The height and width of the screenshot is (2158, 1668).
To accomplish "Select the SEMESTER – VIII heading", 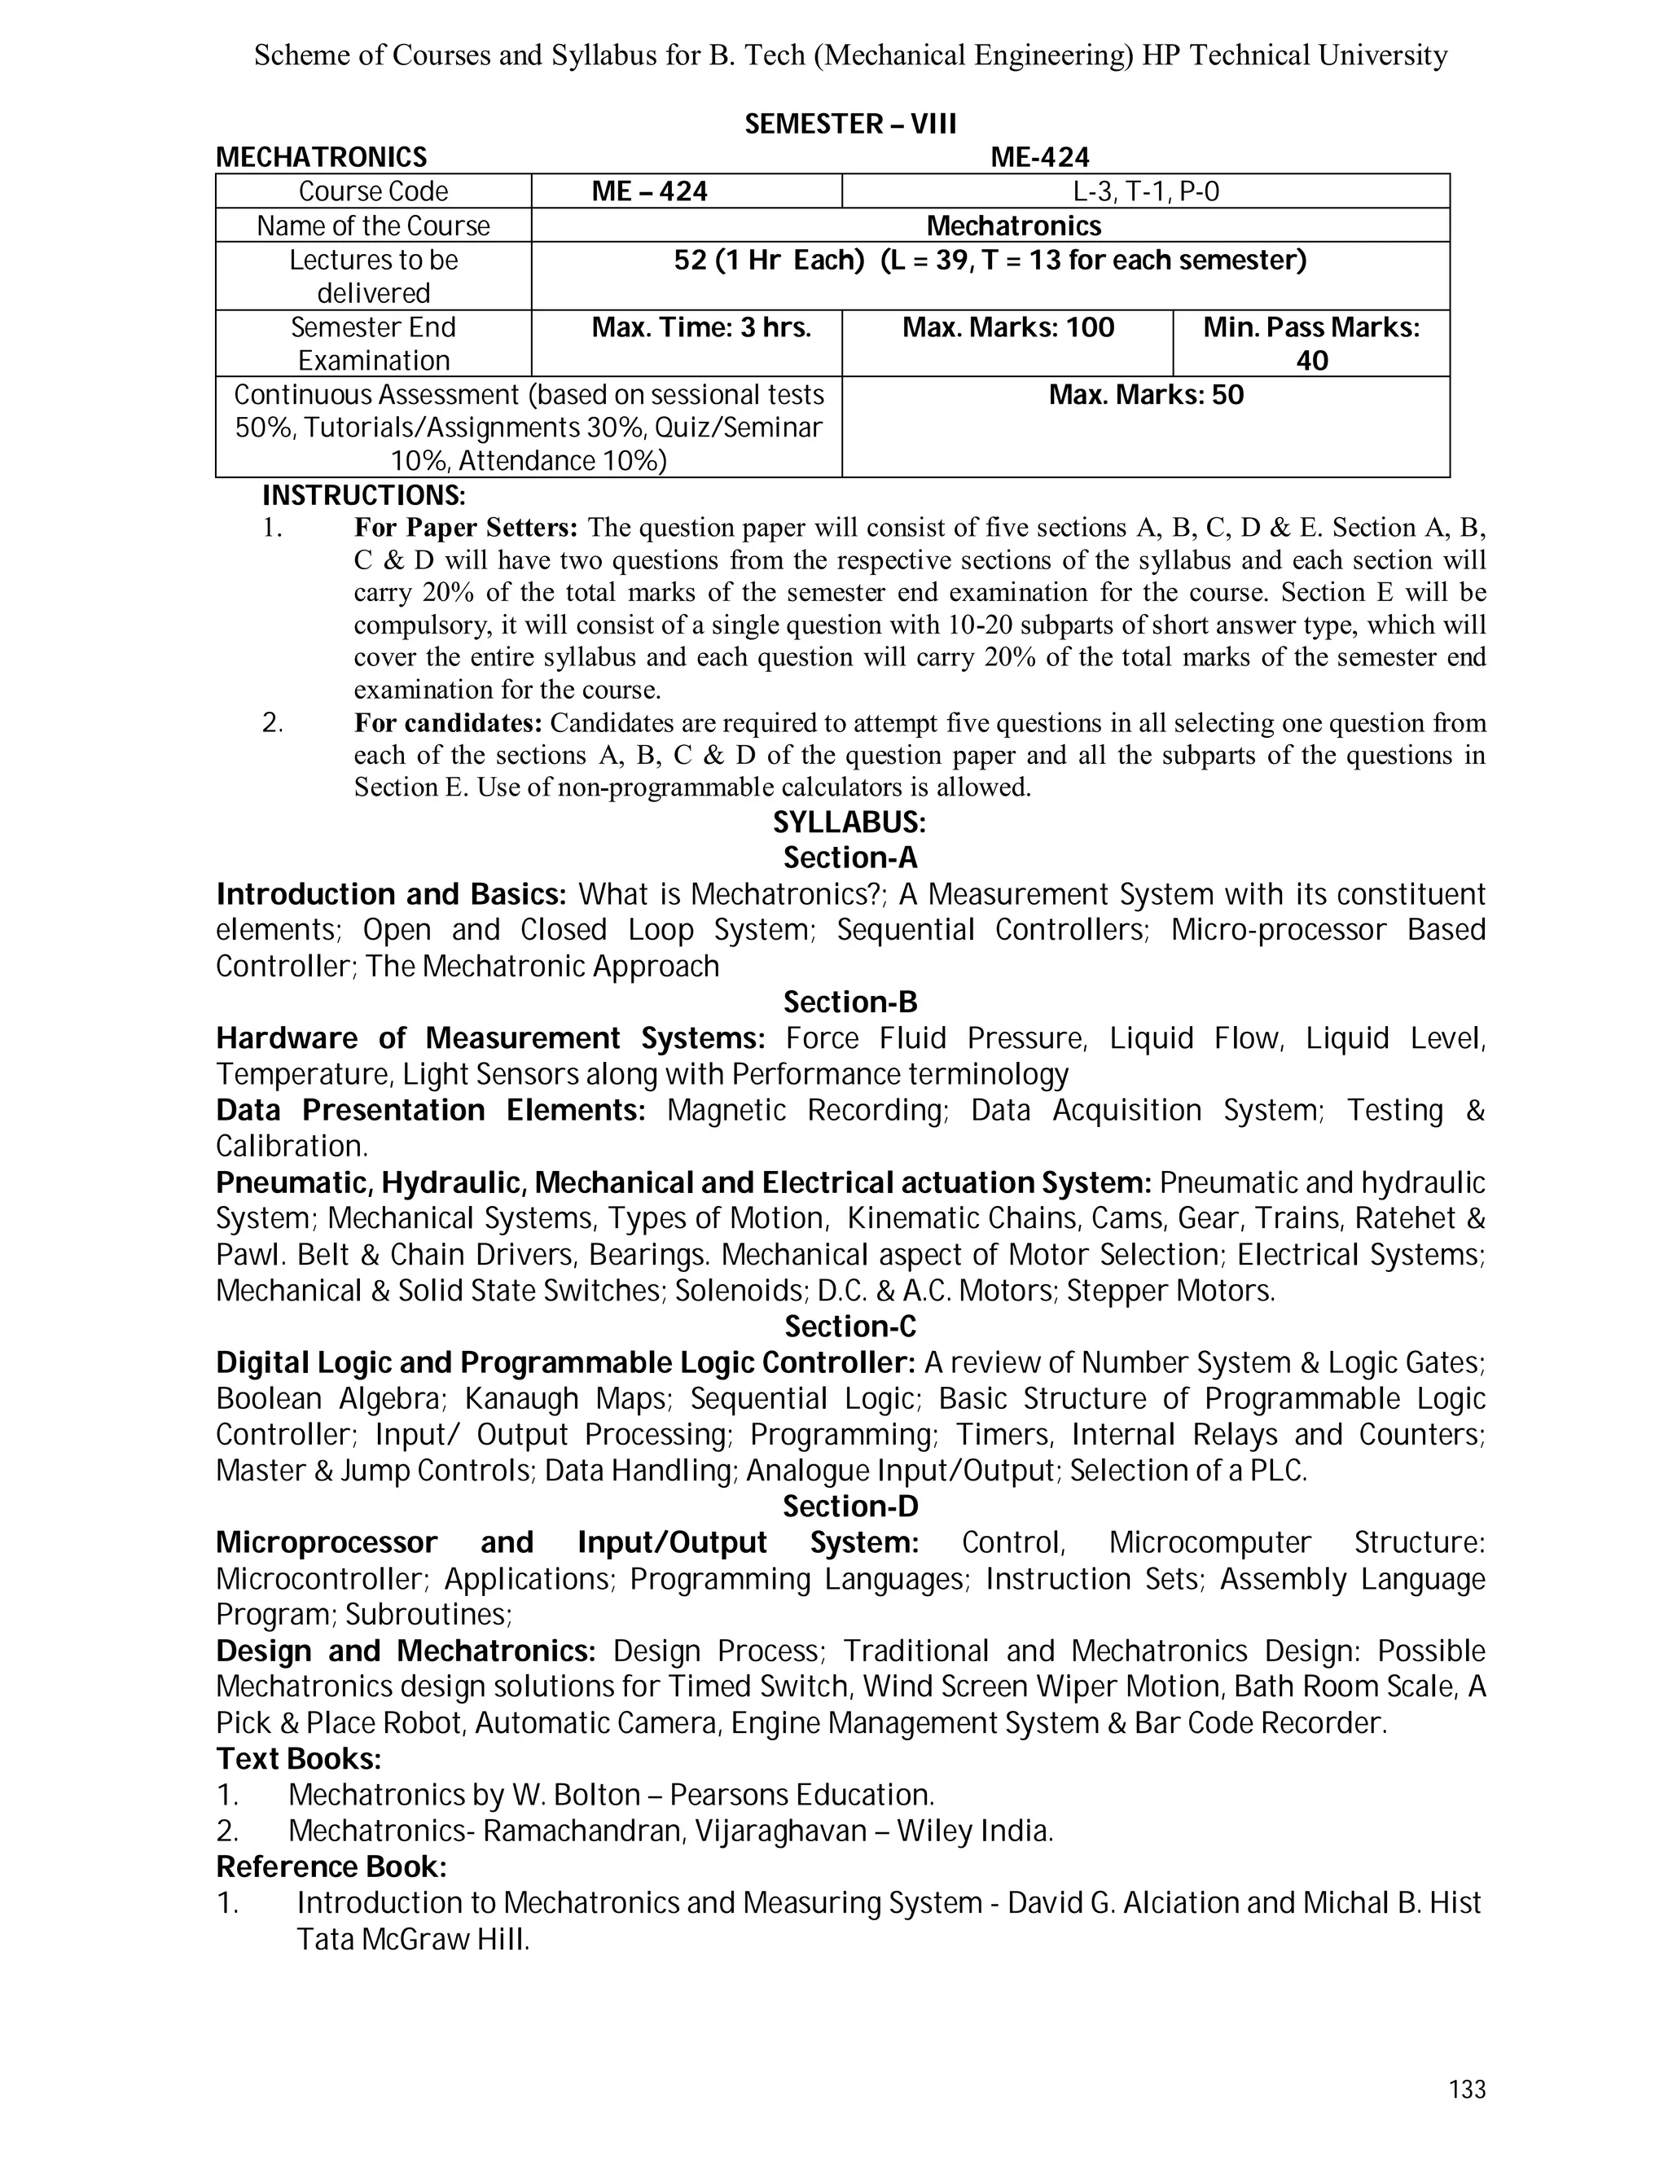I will click(x=849, y=125).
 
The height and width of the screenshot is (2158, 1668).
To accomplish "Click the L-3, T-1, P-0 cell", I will click(x=1145, y=191).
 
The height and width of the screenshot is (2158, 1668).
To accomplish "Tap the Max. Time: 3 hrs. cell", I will click(x=700, y=328).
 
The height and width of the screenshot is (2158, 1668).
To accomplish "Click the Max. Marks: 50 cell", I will click(x=1145, y=395).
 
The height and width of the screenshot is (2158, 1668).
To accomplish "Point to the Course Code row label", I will click(x=372, y=191).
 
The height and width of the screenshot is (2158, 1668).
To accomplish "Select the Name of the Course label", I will click(x=372, y=226).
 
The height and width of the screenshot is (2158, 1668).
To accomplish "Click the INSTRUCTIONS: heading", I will click(x=362, y=495).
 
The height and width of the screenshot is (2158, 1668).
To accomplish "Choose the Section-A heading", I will click(x=849, y=857).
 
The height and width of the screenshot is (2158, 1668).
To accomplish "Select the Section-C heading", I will click(x=849, y=1326).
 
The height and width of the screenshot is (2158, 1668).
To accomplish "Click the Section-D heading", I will click(x=849, y=1507).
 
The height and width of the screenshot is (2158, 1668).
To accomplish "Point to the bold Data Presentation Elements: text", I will click(x=430, y=1111).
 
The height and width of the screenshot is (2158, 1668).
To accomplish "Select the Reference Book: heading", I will click(x=331, y=1867).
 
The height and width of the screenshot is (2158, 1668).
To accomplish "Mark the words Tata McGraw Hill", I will click(x=412, y=1940).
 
